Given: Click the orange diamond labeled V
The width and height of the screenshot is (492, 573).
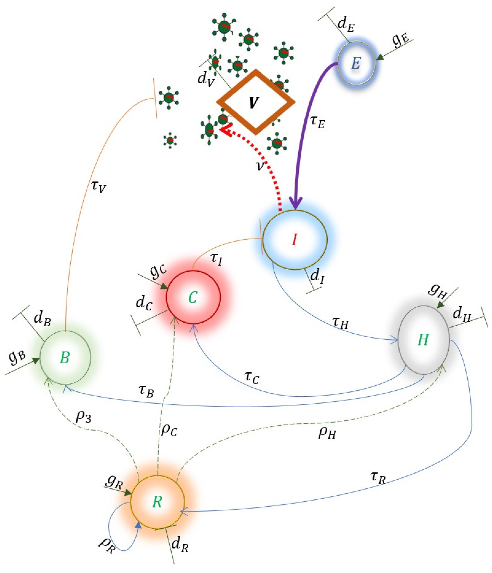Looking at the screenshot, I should click(255, 102).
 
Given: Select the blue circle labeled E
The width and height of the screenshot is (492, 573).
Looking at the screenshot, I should click(356, 63).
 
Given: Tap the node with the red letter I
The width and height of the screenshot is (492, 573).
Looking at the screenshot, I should click(295, 240).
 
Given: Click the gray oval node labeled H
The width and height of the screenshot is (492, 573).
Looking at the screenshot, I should click(423, 340).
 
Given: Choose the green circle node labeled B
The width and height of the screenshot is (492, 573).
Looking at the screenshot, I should click(65, 358).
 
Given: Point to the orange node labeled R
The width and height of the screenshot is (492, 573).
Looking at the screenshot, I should click(157, 502).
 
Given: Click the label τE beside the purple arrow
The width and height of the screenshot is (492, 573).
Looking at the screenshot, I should click(317, 122).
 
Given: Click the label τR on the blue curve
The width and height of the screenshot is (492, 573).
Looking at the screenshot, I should click(378, 478).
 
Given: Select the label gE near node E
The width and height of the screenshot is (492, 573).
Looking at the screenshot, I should click(400, 41).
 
